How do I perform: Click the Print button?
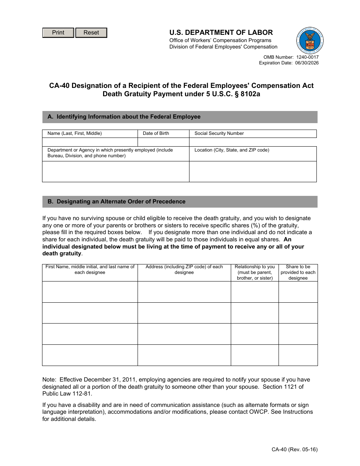[x=58, y=33]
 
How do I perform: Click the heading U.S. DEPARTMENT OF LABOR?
[x=221, y=33]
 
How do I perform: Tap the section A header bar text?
[x=124, y=117]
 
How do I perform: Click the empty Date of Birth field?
[x=163, y=142]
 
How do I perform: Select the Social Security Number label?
[x=219, y=133]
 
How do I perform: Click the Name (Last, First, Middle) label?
[x=75, y=133]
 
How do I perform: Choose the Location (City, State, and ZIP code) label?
[x=232, y=150]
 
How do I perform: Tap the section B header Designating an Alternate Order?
[x=116, y=202]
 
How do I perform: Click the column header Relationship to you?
[x=255, y=267]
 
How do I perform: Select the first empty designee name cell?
[x=90, y=292]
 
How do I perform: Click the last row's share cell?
[x=298, y=355]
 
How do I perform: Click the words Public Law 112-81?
[x=67, y=394]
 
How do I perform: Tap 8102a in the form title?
[x=247, y=94]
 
